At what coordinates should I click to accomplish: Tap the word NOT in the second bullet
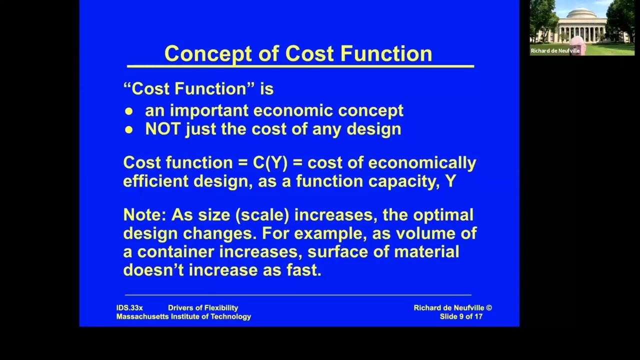pyautogui.click(x=163, y=129)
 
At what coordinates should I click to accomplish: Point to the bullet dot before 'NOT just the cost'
pyautogui.click(x=129, y=130)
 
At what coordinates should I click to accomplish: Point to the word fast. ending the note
pyautogui.click(x=303, y=270)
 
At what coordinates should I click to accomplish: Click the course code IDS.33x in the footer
pyautogui.click(x=129, y=308)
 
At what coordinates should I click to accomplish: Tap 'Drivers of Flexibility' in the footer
pyautogui.click(x=203, y=308)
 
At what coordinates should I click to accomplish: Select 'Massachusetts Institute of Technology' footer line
pyautogui.click(x=183, y=316)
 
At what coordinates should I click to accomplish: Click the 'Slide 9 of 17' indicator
pyautogui.click(x=461, y=316)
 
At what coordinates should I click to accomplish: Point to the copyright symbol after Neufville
pyautogui.click(x=489, y=308)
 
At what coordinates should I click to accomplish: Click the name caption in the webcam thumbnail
pyautogui.click(x=555, y=50)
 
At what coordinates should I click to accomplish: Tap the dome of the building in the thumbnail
pyautogui.click(x=581, y=13)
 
